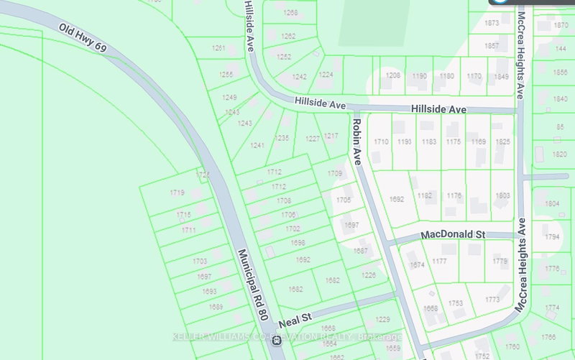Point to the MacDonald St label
coord(454,234)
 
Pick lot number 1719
coord(178,193)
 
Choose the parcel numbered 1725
coord(203,175)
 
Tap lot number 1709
coord(335,174)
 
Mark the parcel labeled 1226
coord(369,274)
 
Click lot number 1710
coord(381,142)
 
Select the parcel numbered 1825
coord(502,142)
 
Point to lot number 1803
coord(502,195)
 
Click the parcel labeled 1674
coord(418,265)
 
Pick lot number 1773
coord(492,300)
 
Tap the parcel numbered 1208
coord(393,75)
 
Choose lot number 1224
coord(326,75)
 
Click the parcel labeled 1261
coord(218,48)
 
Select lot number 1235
coord(282,138)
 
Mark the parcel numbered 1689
coord(216,307)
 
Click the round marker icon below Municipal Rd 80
coord(277,341)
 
